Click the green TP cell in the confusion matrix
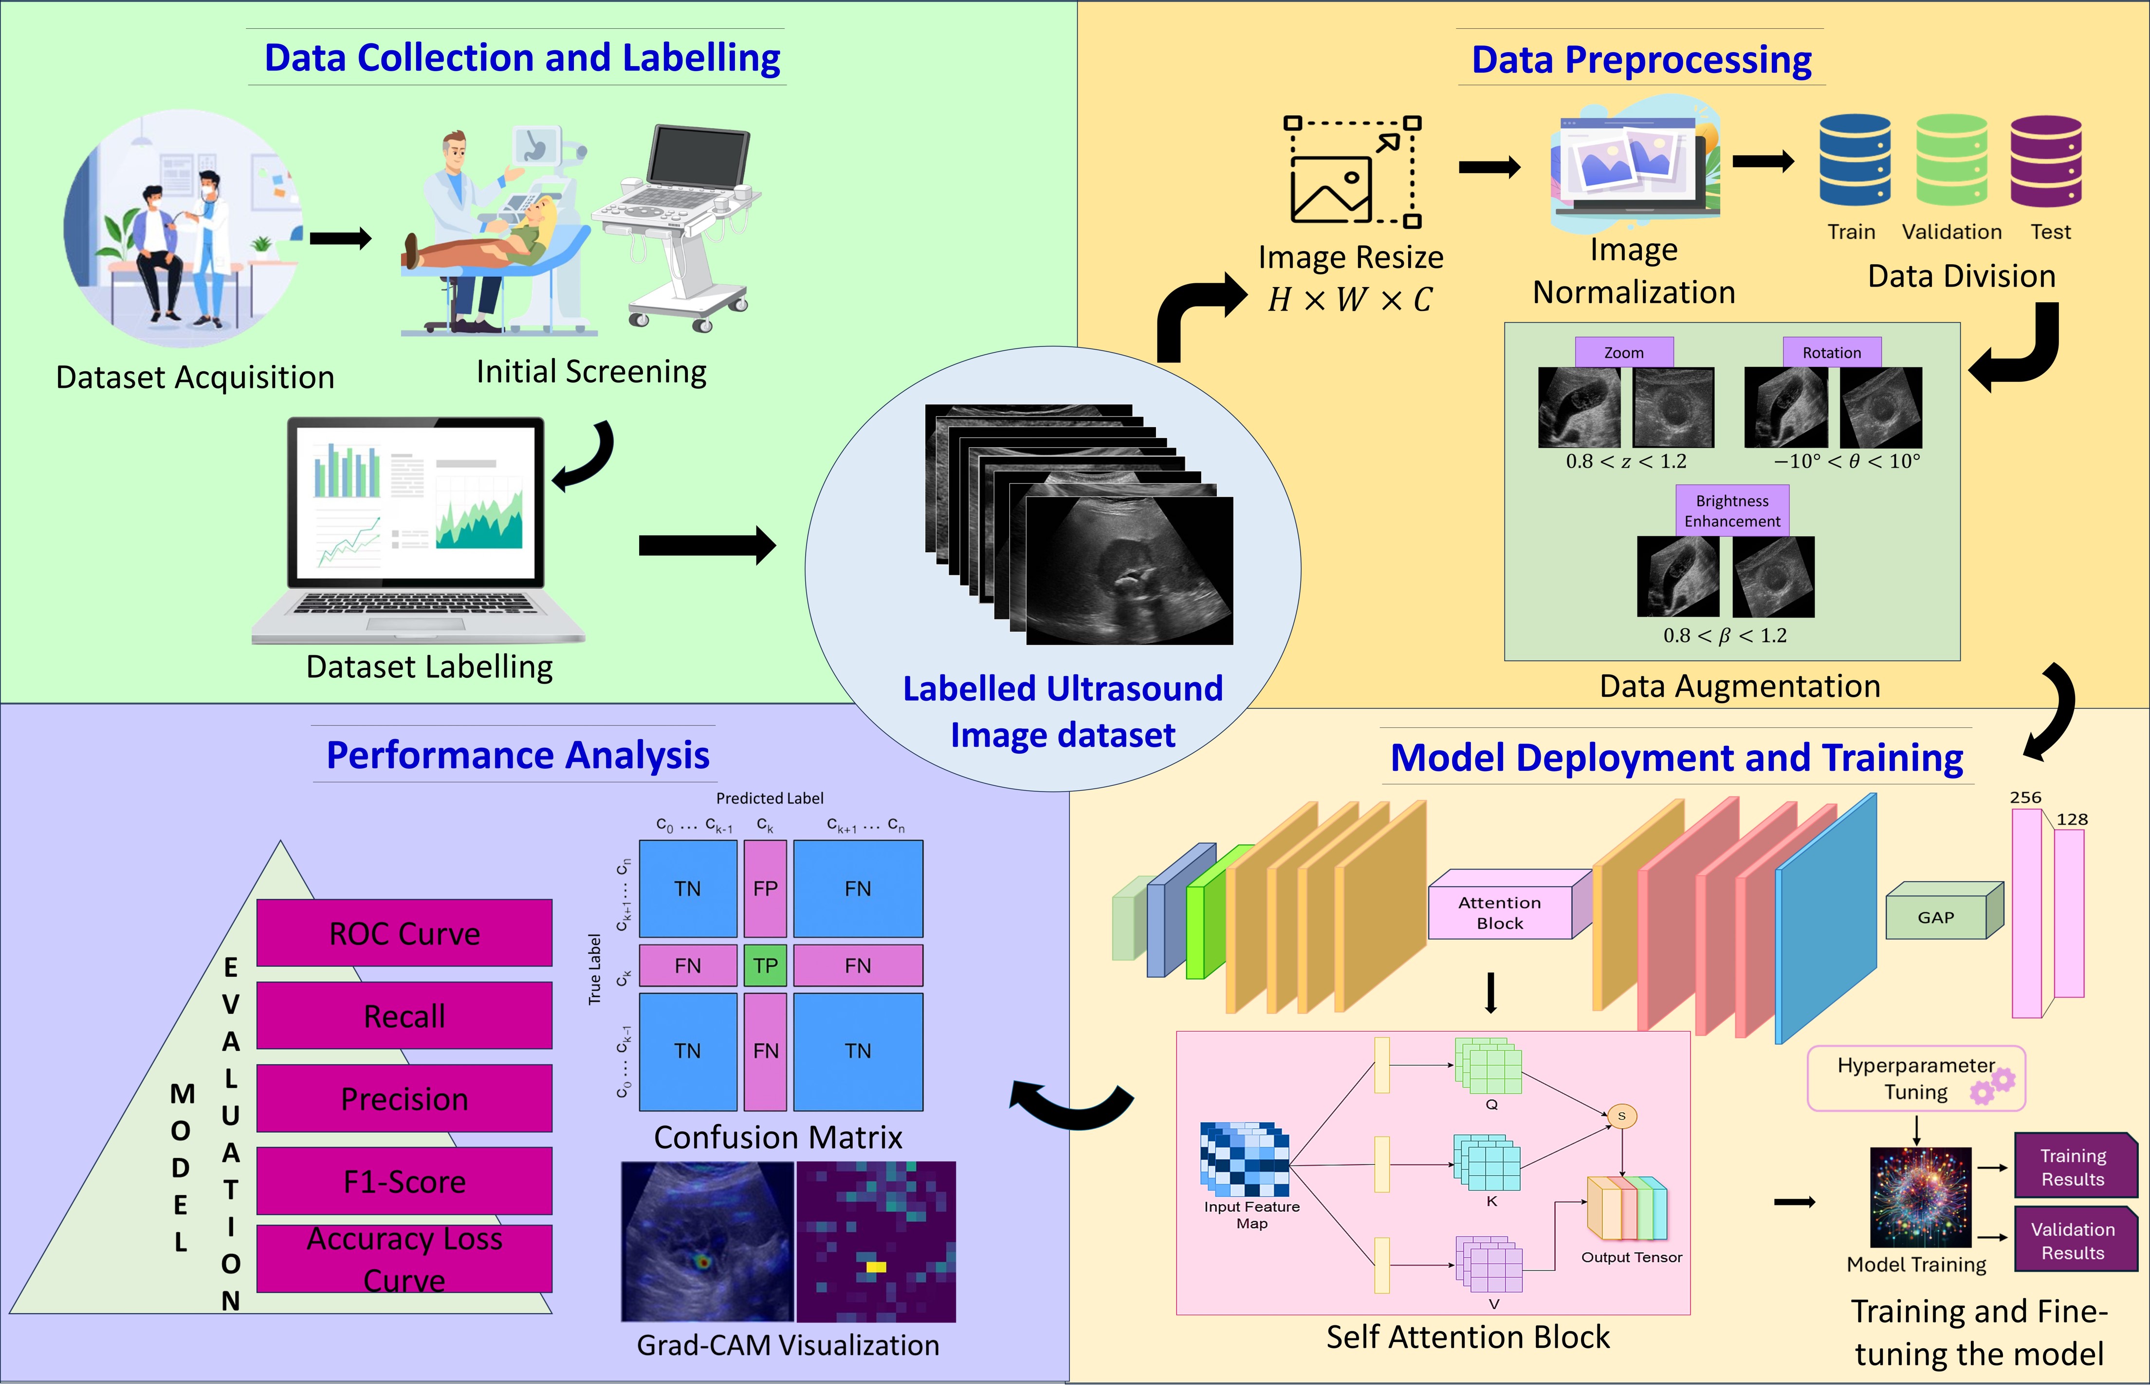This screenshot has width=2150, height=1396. pos(765,965)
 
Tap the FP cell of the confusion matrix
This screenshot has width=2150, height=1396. pos(765,888)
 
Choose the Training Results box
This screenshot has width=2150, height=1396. pos(2073,1167)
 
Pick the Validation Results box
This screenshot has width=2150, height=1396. pos(2073,1241)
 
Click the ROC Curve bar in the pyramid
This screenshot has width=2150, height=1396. pos(404,933)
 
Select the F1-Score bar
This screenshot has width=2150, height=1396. pos(404,1181)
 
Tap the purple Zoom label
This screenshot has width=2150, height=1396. pos(1623,352)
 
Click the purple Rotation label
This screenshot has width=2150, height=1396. pos(1831,352)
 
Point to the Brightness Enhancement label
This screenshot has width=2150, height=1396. pos(1732,511)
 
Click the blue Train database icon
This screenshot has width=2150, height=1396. pos(1855,161)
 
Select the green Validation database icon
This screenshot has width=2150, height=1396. pos(1951,161)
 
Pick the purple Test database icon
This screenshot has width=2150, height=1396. pos(2046,161)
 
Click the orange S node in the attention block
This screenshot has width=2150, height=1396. pos(1621,1116)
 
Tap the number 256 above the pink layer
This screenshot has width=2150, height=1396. pos(2025,798)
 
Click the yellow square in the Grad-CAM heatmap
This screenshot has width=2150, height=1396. pos(875,1267)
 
